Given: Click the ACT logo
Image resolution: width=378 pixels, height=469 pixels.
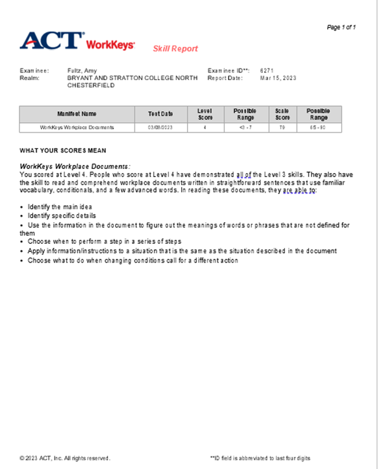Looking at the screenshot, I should click(x=51, y=40).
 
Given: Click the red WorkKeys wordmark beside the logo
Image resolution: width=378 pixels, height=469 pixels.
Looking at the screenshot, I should click(x=110, y=45).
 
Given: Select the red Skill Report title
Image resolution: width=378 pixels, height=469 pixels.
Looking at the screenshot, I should click(x=175, y=49).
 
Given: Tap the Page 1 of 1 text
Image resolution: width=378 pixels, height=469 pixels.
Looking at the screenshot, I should click(x=341, y=27).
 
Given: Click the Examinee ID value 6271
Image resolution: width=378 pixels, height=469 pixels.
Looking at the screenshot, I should click(x=266, y=71).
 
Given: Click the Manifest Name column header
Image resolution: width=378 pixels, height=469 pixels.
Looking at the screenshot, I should click(x=77, y=114).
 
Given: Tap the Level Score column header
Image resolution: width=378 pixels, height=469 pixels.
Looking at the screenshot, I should click(x=205, y=114).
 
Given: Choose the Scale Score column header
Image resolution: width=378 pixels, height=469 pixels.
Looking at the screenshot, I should click(x=282, y=114).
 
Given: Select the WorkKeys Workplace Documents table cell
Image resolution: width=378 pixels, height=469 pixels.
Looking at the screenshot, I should click(x=77, y=127).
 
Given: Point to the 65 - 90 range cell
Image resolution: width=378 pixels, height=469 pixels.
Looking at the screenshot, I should click(x=318, y=127).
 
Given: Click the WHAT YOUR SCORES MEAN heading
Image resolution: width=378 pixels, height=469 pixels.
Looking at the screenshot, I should click(x=63, y=150).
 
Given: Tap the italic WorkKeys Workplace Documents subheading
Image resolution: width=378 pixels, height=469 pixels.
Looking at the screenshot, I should click(x=75, y=167).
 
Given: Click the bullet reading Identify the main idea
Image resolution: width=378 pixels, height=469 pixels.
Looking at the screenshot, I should click(x=60, y=207).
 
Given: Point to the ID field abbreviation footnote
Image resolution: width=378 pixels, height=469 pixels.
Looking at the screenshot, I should click(x=260, y=458).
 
